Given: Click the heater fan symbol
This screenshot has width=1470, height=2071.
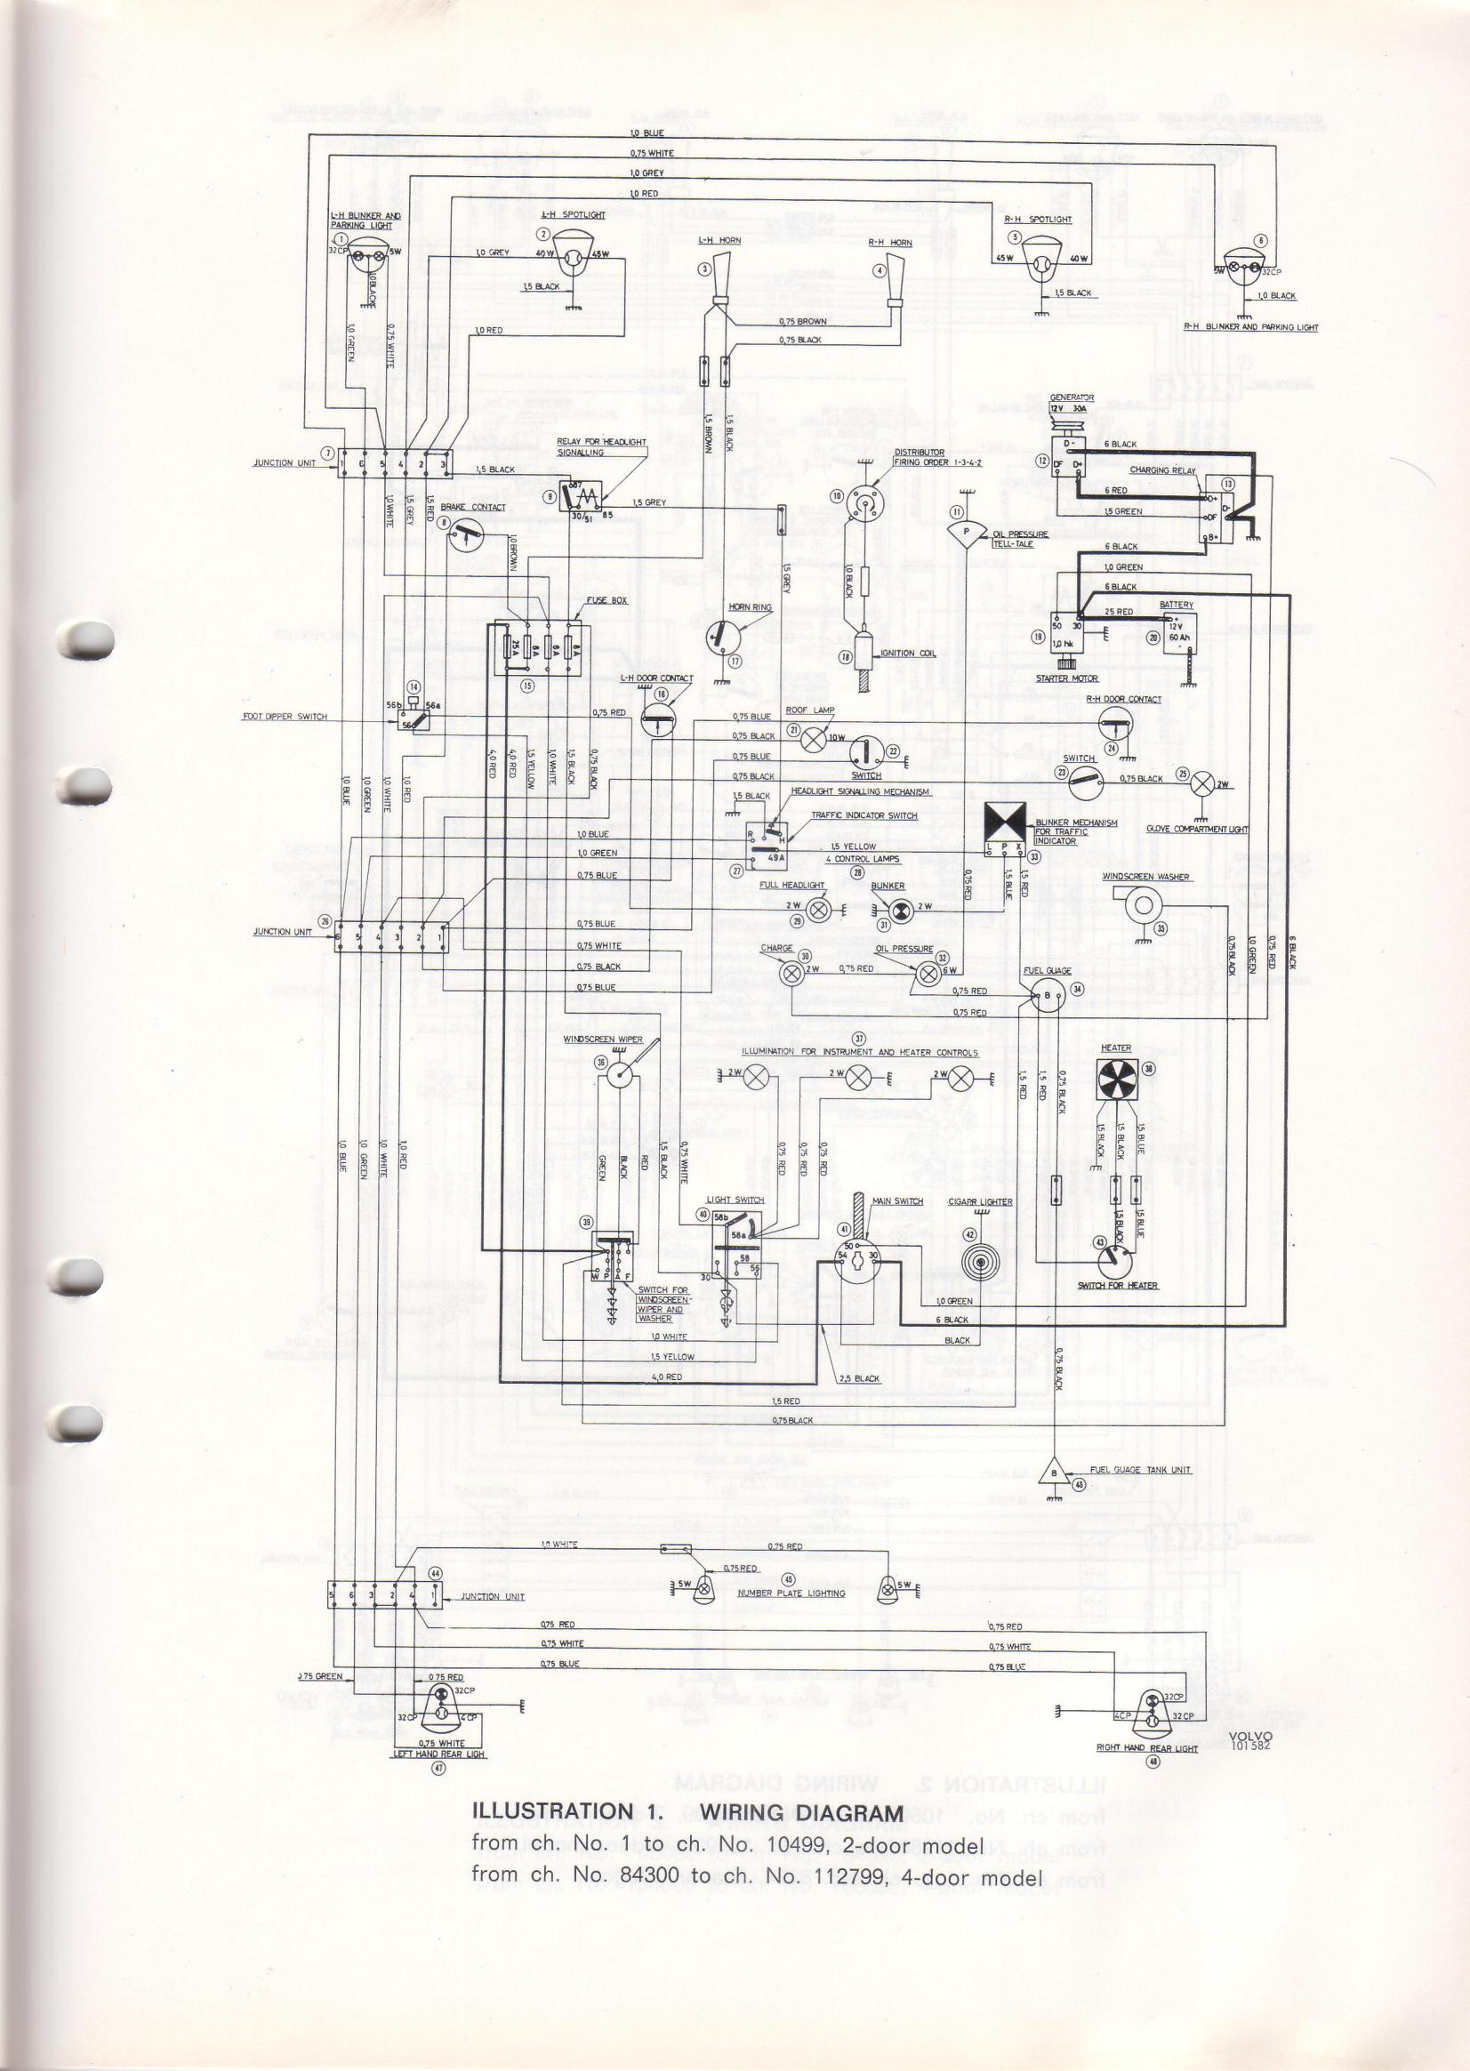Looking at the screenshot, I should [1116, 1079].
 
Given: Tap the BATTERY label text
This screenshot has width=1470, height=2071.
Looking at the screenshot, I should [1176, 605].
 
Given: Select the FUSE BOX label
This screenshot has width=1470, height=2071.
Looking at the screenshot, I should [606, 600].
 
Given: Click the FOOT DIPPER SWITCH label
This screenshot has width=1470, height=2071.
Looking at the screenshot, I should [285, 717].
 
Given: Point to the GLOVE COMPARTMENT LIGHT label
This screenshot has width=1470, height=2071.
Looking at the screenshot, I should [1197, 829].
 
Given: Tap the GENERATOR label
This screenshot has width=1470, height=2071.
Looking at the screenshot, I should [1072, 397].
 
